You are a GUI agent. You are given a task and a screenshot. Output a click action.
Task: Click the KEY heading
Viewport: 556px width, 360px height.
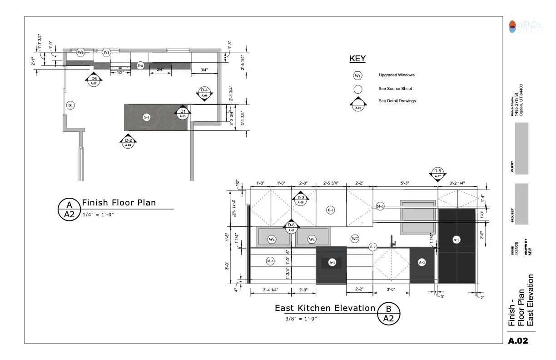click(357, 59)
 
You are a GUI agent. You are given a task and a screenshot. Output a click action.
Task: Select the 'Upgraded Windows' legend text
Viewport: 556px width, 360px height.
click(397, 75)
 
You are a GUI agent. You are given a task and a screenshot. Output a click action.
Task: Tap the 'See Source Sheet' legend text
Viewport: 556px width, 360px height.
click(395, 89)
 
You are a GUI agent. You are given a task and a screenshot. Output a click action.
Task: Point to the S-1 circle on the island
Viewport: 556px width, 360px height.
click(146, 118)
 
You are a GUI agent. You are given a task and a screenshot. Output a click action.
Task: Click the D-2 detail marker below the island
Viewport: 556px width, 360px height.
click(128, 141)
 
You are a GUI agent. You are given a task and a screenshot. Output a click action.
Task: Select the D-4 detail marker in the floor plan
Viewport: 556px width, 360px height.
click(204, 93)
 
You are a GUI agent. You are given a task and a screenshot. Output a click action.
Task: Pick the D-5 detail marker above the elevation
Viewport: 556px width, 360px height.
click(437, 173)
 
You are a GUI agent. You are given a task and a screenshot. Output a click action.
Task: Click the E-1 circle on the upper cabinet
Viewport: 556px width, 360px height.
click(331, 210)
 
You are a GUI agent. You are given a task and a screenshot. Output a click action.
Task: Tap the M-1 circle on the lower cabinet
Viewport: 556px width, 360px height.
click(270, 261)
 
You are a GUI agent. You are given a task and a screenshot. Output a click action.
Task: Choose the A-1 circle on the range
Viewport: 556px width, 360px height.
click(332, 262)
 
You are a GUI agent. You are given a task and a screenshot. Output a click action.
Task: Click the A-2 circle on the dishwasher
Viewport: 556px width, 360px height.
click(422, 263)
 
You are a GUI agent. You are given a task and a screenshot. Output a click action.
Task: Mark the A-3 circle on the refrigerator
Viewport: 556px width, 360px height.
click(457, 240)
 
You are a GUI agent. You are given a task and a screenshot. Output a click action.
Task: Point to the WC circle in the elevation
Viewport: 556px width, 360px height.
click(355, 239)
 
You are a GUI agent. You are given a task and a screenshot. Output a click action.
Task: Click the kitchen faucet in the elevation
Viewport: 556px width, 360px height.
click(392, 241)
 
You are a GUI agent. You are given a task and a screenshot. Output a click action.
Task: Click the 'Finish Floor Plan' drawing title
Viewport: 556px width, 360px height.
click(119, 203)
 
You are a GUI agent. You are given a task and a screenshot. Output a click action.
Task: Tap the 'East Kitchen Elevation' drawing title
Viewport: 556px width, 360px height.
click(325, 308)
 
